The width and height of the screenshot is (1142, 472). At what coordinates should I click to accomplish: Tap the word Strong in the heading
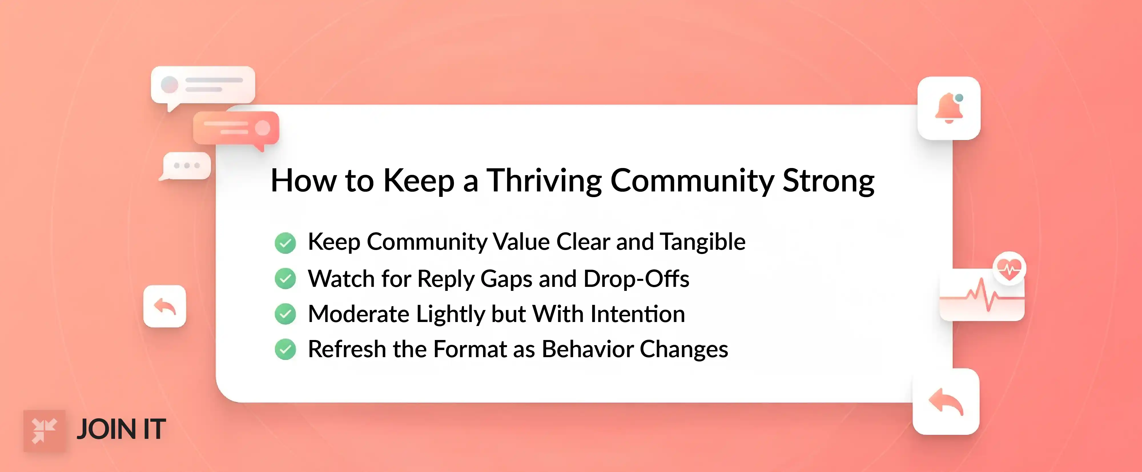point(828,181)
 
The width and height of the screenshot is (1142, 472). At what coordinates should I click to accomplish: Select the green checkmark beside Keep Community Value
point(285,243)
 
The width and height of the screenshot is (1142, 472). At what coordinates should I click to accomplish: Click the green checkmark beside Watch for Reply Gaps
point(285,279)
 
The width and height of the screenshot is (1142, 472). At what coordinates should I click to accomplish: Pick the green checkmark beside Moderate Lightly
point(285,314)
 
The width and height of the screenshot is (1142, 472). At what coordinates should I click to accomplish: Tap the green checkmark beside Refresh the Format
point(285,349)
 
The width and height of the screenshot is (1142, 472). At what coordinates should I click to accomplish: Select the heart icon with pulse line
point(1009,268)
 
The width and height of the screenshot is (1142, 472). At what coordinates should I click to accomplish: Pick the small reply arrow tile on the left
point(164,306)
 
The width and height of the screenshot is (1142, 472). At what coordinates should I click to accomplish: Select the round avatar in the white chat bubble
point(169,84)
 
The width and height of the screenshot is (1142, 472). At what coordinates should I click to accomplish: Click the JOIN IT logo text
point(121,429)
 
